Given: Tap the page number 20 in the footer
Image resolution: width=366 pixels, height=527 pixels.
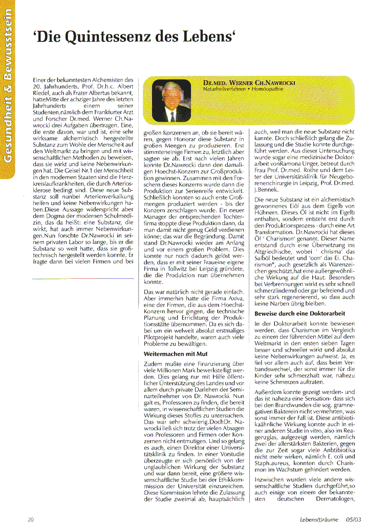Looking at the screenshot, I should tap(31, 520).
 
